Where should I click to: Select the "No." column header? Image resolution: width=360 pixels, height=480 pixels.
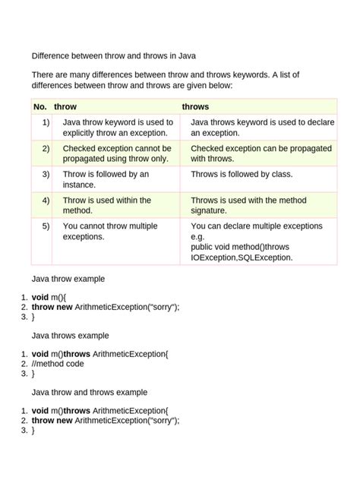(x=40, y=107)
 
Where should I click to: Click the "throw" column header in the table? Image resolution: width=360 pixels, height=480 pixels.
(x=65, y=107)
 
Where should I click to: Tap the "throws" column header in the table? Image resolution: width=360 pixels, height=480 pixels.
(x=195, y=107)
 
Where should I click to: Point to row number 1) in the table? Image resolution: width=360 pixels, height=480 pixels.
(x=46, y=122)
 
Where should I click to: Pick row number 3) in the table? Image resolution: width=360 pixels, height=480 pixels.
(x=46, y=174)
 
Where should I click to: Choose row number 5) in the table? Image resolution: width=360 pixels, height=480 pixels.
(x=46, y=226)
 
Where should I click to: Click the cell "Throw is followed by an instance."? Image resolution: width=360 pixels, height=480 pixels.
(x=106, y=179)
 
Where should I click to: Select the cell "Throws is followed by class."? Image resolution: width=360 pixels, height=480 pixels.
(x=242, y=174)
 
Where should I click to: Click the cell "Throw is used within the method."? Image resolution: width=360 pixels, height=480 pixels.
(x=106, y=205)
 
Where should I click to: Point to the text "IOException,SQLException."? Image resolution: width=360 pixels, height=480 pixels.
(x=241, y=257)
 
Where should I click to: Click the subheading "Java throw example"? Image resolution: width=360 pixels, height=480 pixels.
(x=68, y=279)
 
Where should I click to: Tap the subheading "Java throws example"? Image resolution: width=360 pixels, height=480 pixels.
(x=70, y=335)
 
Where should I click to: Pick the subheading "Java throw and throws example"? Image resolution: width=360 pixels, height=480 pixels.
(x=89, y=392)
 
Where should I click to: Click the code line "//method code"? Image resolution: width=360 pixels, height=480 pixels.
(x=58, y=364)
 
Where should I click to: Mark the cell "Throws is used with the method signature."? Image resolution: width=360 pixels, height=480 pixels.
(x=246, y=205)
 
